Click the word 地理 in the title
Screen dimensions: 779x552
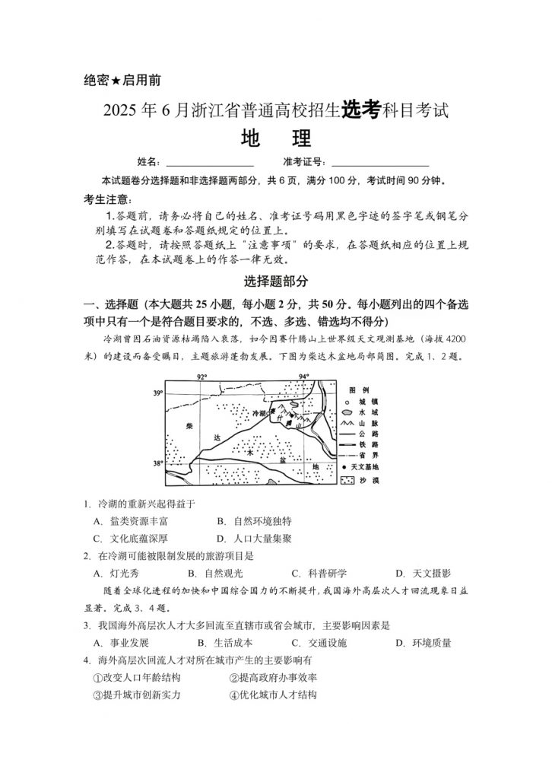pos(275,140)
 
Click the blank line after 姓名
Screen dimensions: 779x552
pos(209,162)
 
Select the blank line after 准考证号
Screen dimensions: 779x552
pos(380,162)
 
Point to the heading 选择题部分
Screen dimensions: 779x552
pos(276,281)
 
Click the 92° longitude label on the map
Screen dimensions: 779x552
pos(201,377)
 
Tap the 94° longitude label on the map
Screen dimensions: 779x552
pos(303,377)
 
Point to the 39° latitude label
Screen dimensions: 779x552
pos(158,393)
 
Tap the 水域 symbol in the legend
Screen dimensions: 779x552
pos(347,411)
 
